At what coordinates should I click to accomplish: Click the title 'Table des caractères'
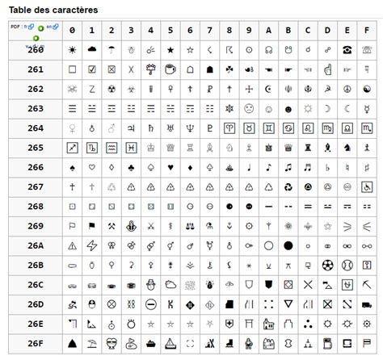coord(53,10)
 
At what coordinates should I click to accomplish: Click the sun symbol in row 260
coord(72,49)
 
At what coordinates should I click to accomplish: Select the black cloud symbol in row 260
coord(91,49)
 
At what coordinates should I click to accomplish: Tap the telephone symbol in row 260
coord(346,49)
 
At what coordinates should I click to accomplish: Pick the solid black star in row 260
coord(170,49)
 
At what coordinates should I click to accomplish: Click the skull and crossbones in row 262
coord(72,89)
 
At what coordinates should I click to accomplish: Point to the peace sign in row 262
coord(346,89)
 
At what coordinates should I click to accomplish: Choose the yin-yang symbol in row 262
coord(366,89)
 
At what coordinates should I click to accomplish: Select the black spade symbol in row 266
coord(72,167)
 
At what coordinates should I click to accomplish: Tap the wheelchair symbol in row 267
coord(366,186)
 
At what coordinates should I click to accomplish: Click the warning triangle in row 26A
coord(72,245)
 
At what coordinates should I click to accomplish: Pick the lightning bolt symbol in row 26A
coord(91,245)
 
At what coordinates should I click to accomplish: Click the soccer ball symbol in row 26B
coord(326,265)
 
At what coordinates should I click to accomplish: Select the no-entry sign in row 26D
coord(150,304)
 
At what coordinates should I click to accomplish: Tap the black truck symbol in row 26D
coord(346,304)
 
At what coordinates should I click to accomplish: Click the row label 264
coord(36,128)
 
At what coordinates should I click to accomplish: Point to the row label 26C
coord(36,284)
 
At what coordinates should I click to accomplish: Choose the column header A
coord(268,30)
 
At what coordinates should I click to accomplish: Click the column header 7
coord(209,30)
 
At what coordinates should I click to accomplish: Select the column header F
coord(366,30)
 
